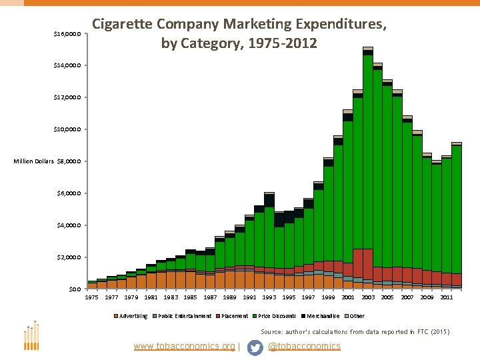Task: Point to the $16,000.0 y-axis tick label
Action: coord(67,34)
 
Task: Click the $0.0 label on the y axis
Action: coord(75,289)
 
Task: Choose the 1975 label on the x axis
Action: coord(91,297)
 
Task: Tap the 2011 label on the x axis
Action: coord(447,297)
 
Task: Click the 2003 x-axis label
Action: coord(367,297)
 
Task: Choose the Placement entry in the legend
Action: coord(235,316)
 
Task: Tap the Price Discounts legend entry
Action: coord(277,316)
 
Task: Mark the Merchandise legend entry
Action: coord(323,316)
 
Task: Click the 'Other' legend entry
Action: coord(357,316)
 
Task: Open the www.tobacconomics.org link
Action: coord(185,347)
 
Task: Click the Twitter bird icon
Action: coord(255,347)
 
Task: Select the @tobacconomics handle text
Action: coord(304,347)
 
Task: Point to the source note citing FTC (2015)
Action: coord(355,331)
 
